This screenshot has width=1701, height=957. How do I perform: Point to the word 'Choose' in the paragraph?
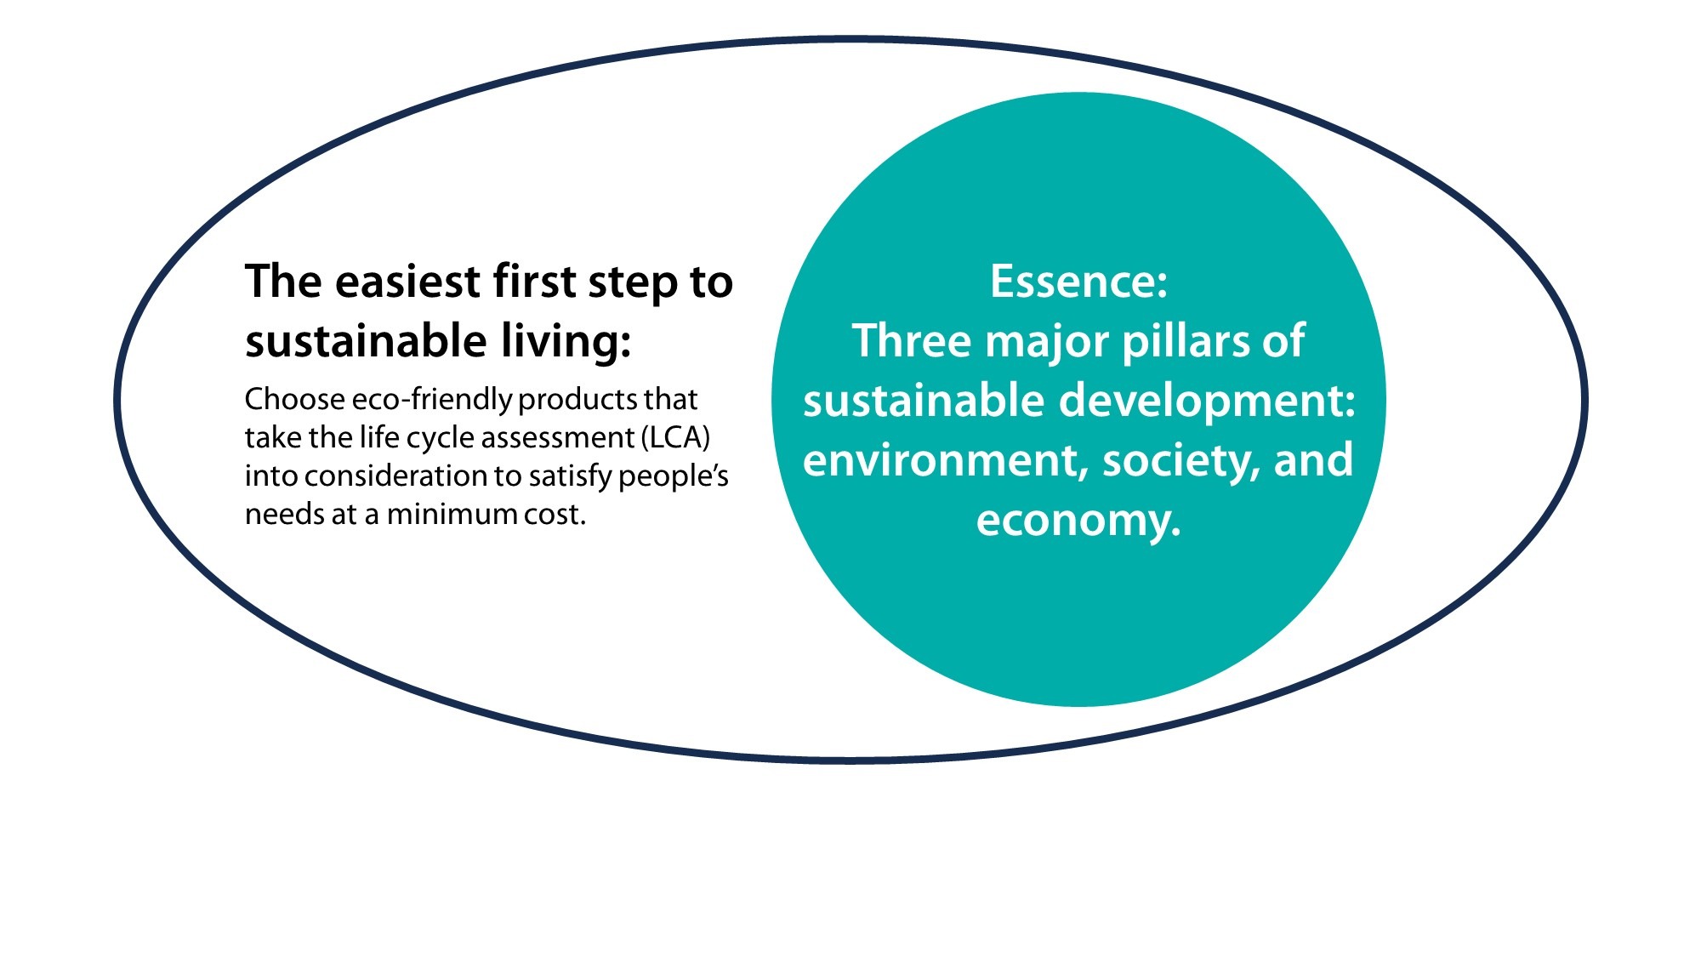pos(294,398)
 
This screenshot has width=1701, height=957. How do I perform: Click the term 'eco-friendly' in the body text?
pos(431,400)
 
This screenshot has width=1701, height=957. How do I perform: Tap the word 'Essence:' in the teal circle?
pos(1078,282)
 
